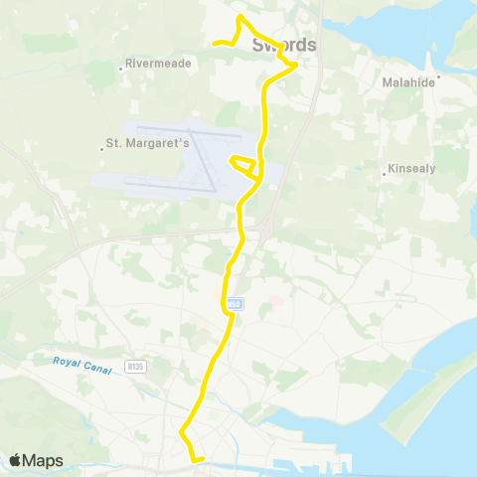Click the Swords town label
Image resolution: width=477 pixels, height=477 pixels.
click(284, 45)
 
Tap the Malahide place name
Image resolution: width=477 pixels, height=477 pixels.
click(408, 83)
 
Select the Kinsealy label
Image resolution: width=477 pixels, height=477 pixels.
click(412, 169)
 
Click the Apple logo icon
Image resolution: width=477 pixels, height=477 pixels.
click(16, 460)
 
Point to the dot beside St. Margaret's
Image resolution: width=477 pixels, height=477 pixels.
click(103, 149)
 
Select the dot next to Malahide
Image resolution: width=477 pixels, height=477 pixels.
click(438, 75)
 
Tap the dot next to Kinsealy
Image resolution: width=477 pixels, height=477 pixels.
click(384, 176)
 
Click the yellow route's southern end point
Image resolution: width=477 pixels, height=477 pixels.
click(202, 459)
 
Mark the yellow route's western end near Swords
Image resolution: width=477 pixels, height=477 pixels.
click(214, 42)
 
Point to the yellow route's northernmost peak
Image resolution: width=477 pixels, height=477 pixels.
click(240, 17)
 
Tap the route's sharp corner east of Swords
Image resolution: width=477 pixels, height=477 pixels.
click(296, 65)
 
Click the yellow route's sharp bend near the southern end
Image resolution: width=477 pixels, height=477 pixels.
click(181, 433)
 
